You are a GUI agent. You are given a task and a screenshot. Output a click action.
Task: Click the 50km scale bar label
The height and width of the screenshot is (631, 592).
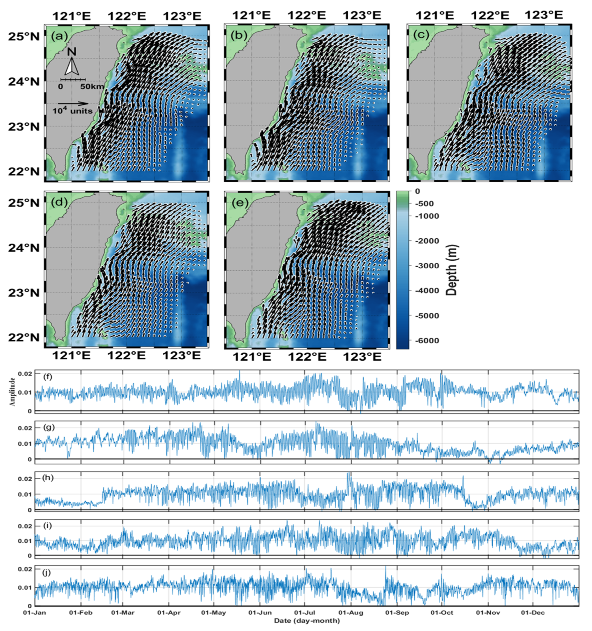(92, 87)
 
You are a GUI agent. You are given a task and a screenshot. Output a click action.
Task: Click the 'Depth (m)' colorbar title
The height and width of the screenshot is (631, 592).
(452, 270)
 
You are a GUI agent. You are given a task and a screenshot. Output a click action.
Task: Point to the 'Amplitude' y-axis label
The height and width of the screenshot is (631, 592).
(13, 392)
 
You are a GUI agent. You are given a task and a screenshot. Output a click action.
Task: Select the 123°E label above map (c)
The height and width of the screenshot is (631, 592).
(543, 15)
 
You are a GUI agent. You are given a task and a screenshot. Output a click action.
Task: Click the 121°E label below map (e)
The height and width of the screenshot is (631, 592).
(252, 357)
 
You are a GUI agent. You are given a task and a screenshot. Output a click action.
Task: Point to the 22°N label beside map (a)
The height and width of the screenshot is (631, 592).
(24, 172)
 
